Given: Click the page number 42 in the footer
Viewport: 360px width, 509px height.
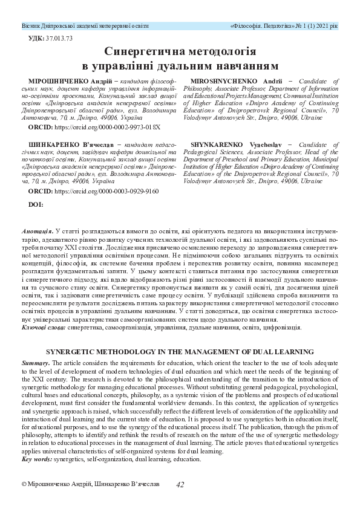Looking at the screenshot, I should point(180,484).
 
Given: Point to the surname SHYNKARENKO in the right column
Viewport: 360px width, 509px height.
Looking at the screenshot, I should point(212,146).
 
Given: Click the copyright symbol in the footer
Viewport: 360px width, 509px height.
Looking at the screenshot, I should point(24,485).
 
